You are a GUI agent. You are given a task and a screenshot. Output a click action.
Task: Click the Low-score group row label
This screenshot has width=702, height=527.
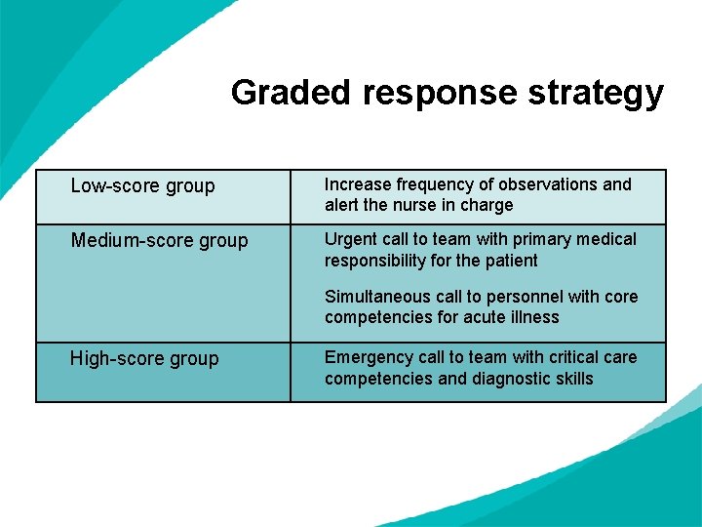[142, 185]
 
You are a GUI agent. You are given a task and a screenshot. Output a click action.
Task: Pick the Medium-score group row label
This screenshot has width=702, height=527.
[159, 240]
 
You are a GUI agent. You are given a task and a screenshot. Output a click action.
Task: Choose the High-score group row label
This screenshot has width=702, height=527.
[143, 358]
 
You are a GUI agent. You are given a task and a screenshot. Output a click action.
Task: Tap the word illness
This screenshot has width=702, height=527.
[534, 317]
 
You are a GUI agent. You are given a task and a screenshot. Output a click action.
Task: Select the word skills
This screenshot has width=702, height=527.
[571, 379]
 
